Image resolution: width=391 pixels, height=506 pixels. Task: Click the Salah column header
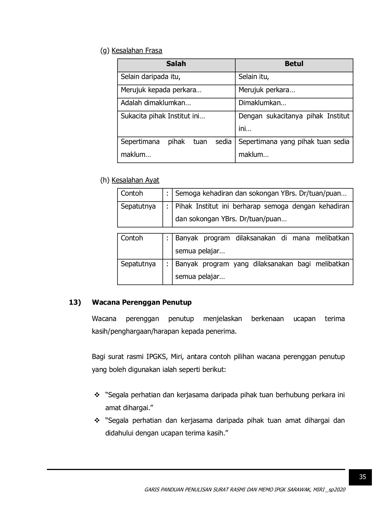176,64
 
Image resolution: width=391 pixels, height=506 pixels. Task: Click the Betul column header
294,64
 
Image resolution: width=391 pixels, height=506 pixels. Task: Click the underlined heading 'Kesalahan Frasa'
137,51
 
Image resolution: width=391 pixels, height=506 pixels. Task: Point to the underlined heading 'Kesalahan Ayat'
135,180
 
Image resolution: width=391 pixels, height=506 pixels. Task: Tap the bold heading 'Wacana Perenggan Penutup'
142,302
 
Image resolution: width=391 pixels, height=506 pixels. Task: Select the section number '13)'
75,302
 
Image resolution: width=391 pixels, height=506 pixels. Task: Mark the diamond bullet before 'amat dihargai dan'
97,421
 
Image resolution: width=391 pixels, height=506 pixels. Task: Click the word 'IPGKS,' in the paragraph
157,357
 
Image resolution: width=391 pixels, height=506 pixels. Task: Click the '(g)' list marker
105,51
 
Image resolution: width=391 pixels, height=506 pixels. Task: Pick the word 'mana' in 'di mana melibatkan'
301,238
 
